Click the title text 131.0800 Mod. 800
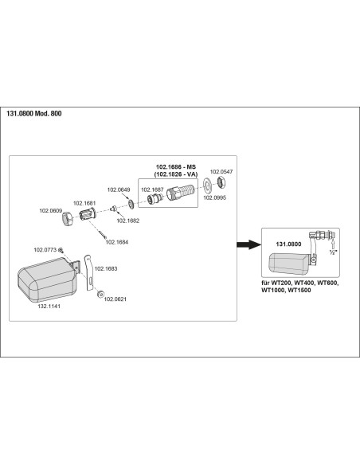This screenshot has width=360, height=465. click(x=34, y=114)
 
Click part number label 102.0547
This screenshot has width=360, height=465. click(x=221, y=172)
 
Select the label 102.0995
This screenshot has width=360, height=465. click(x=215, y=197)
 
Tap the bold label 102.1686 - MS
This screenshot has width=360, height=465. click(x=176, y=167)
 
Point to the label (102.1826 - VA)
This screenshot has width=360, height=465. click(x=176, y=174)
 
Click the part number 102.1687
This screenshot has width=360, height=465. click(x=152, y=190)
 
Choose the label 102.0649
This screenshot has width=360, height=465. click(x=119, y=190)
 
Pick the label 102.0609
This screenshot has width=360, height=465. click(x=51, y=210)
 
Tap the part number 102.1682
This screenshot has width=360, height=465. click(x=127, y=221)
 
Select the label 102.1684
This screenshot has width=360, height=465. click(x=117, y=242)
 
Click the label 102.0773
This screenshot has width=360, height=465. click(x=45, y=250)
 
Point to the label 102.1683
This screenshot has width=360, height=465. click(x=106, y=268)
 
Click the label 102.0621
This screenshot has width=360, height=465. click(x=115, y=299)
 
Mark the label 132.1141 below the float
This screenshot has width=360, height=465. click(x=49, y=307)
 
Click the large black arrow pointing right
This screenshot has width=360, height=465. click(x=248, y=244)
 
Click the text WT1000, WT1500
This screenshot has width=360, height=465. click(x=286, y=291)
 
